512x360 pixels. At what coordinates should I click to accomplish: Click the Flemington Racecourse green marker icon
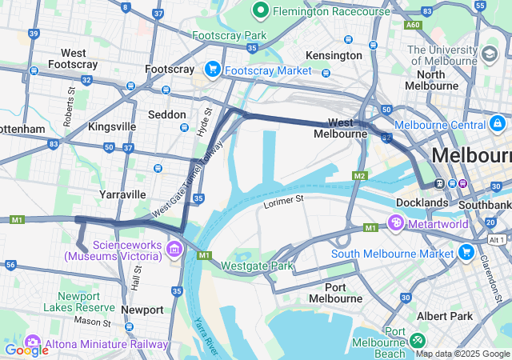click(261, 10)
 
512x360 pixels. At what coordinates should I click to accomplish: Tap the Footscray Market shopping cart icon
click(213, 70)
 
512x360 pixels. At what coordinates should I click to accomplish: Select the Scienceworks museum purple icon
click(173, 251)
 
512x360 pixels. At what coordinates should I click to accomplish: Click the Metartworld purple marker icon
click(396, 222)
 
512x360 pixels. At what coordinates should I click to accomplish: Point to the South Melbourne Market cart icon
click(466, 254)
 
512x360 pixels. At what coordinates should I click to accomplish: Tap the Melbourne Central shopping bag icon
click(498, 125)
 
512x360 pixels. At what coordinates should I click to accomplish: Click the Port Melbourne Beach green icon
click(418, 338)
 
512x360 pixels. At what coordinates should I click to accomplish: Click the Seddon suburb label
click(167, 115)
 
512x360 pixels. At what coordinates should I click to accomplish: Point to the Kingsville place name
click(112, 127)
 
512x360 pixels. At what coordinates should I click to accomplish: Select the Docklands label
click(422, 203)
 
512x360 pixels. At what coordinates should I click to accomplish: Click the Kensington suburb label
click(334, 56)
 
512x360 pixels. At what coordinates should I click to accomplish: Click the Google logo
click(26, 350)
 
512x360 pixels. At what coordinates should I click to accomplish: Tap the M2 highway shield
click(359, 175)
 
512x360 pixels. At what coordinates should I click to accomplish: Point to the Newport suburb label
click(142, 310)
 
